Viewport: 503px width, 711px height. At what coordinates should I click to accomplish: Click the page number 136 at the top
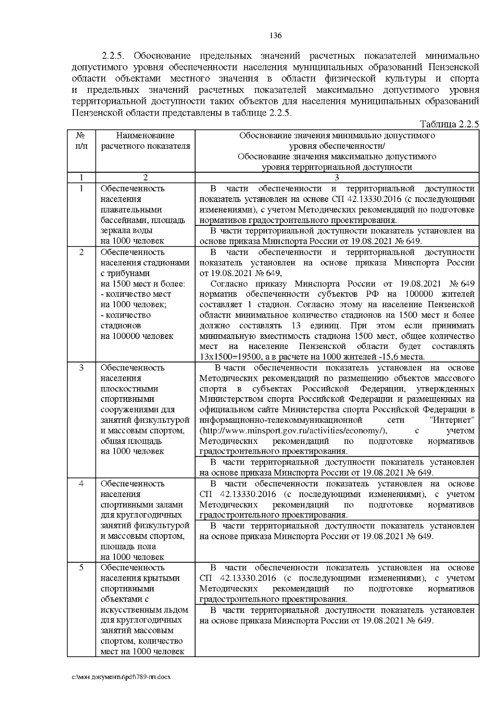(275, 35)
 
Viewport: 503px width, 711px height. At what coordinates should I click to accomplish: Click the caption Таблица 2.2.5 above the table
(449, 124)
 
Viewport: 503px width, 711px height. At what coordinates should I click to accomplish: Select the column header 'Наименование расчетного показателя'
(145, 141)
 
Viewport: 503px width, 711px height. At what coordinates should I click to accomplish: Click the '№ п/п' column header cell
(81, 141)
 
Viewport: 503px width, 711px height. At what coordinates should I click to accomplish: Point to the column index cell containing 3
(337, 178)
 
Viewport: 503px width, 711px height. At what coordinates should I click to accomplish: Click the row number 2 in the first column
(81, 252)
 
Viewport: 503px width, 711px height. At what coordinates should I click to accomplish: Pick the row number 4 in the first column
(81, 483)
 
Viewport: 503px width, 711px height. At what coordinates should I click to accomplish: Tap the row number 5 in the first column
(81, 568)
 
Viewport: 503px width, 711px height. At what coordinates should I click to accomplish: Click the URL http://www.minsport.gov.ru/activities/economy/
(293, 431)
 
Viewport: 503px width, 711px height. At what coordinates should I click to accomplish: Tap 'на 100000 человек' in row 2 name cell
(137, 336)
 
